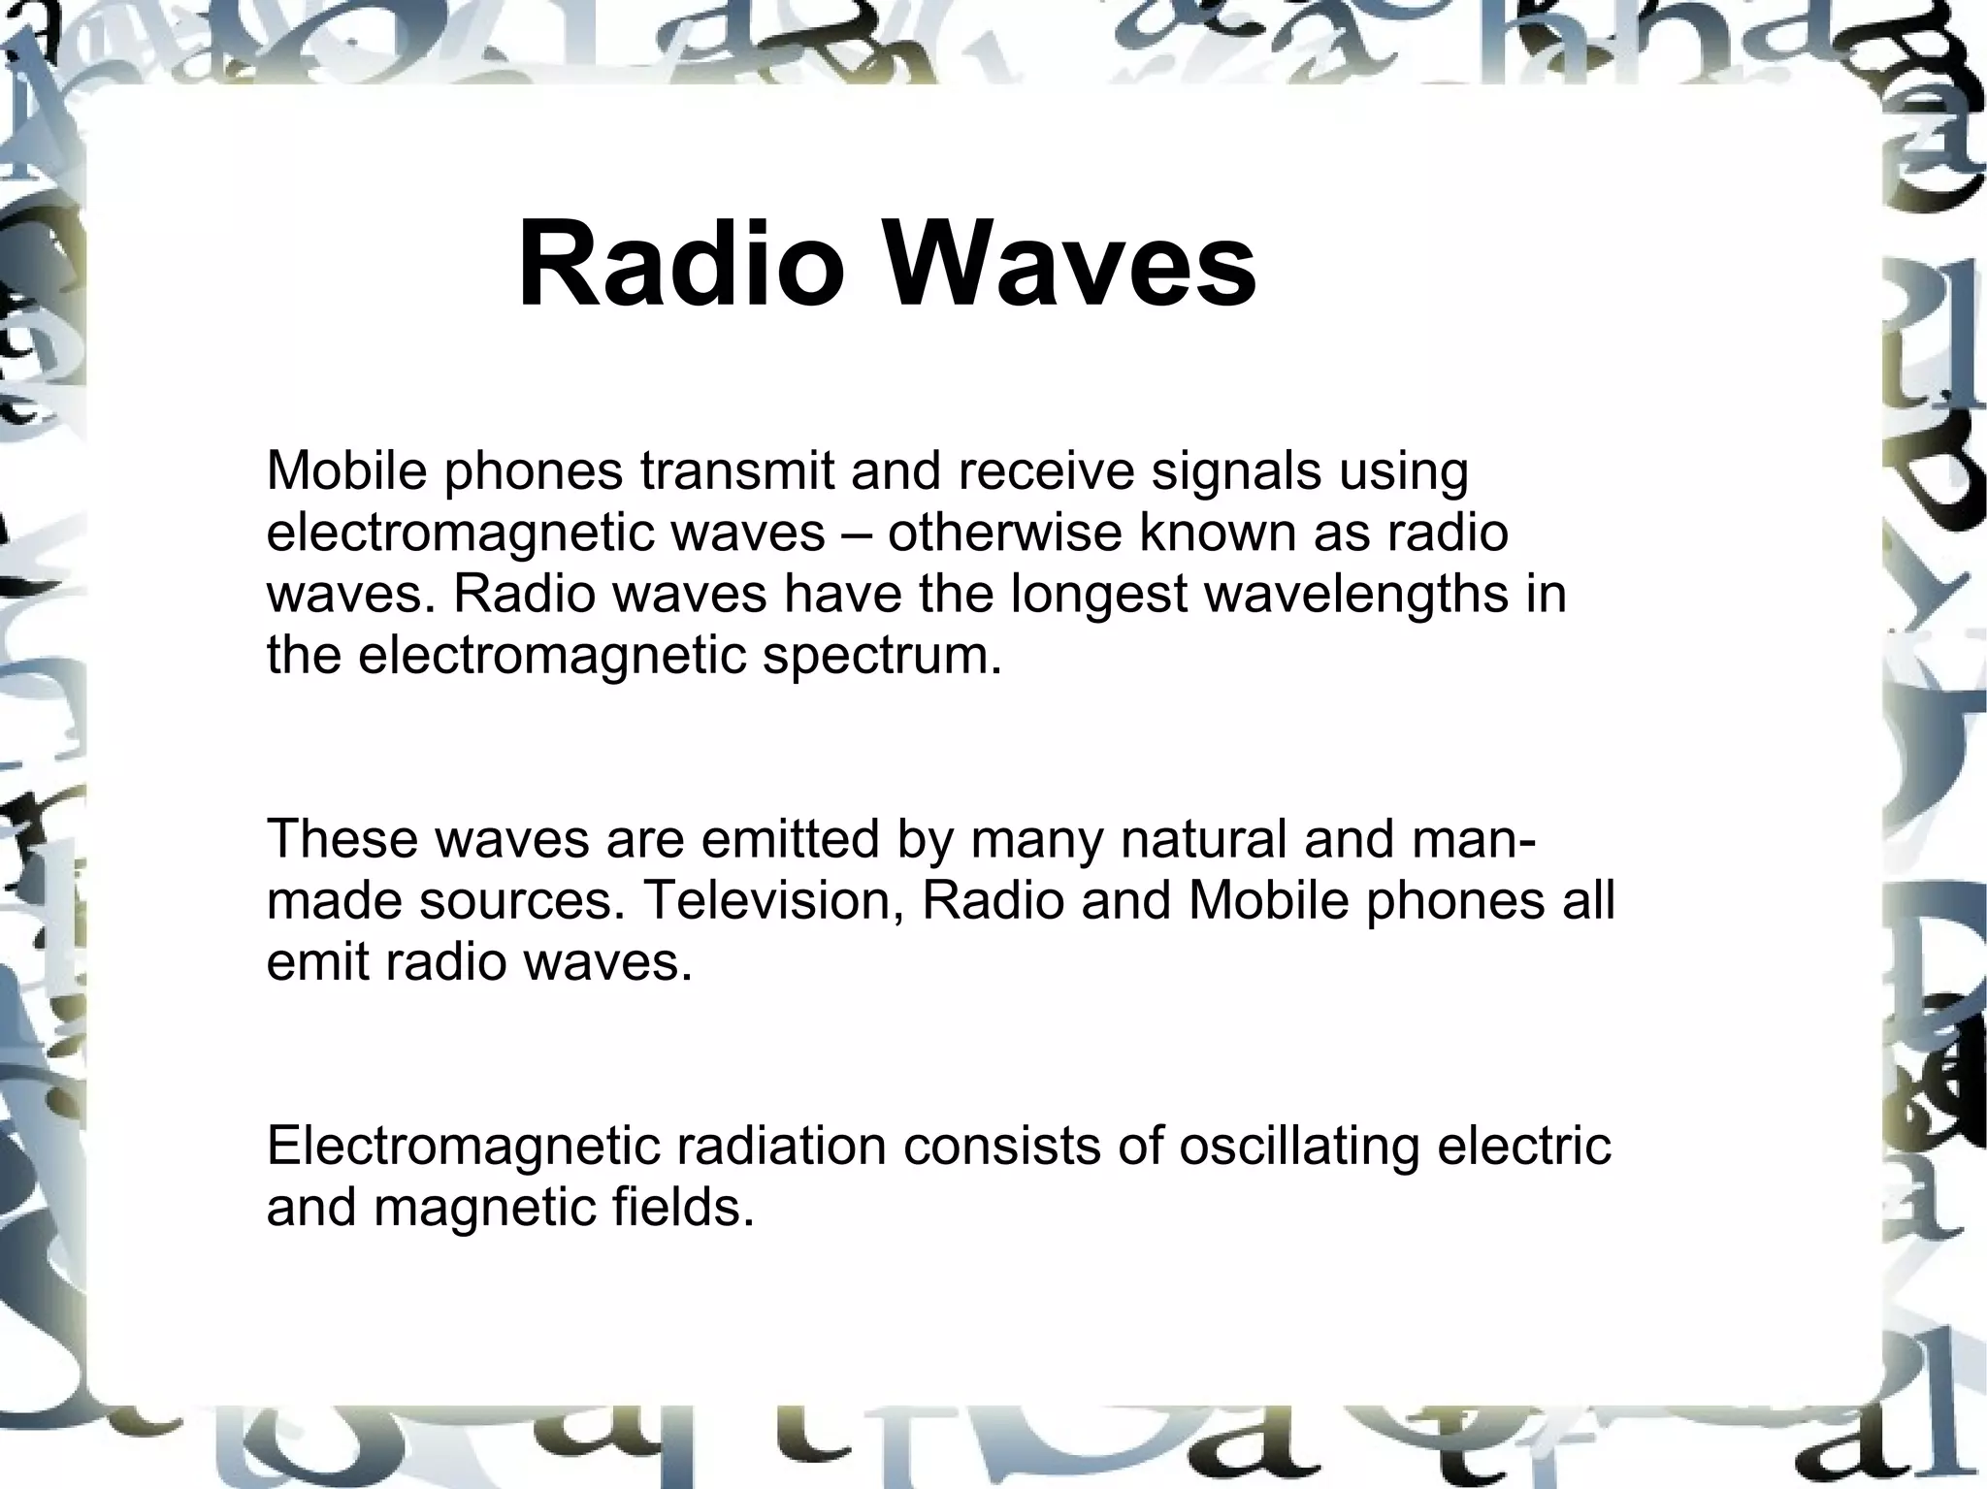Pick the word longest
(x=1098, y=596)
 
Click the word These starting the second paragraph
(x=342, y=838)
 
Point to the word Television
(x=773, y=901)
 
